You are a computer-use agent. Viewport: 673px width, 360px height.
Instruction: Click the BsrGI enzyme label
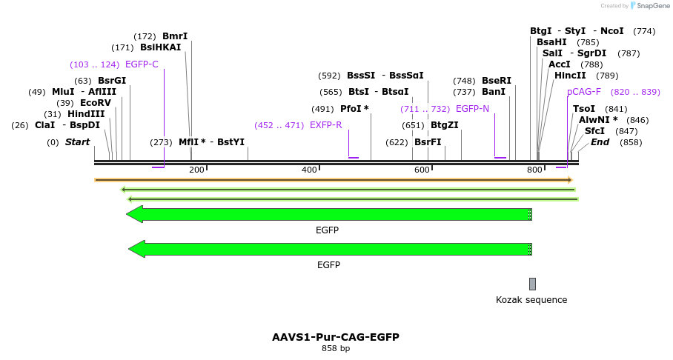click(x=112, y=80)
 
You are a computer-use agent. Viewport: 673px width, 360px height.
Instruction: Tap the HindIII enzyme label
click(x=86, y=114)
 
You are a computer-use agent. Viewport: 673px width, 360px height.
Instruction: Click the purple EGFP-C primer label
click(x=142, y=64)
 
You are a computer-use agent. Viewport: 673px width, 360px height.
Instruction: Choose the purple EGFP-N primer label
click(x=472, y=109)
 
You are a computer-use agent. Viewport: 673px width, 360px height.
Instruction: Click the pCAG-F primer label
click(x=583, y=92)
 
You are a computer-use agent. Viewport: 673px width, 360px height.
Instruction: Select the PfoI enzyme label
click(x=354, y=109)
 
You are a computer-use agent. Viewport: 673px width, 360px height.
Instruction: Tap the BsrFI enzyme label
click(x=428, y=141)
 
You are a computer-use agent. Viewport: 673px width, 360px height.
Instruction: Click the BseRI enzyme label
click(x=497, y=80)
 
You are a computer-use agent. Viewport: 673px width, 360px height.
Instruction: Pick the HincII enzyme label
click(x=570, y=76)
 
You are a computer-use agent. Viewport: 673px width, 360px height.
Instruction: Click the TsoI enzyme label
click(x=584, y=109)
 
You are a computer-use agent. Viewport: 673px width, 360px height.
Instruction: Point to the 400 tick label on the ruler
click(x=309, y=170)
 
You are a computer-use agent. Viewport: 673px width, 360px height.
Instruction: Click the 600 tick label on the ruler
click(x=422, y=170)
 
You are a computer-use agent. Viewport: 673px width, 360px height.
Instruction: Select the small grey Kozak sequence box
click(x=532, y=284)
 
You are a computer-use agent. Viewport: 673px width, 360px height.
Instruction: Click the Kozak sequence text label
click(x=531, y=300)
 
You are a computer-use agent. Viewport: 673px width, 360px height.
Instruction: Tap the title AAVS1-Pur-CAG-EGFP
click(x=336, y=337)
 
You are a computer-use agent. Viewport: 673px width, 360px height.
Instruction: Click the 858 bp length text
click(x=336, y=348)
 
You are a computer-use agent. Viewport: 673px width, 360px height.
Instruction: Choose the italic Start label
click(x=77, y=142)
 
